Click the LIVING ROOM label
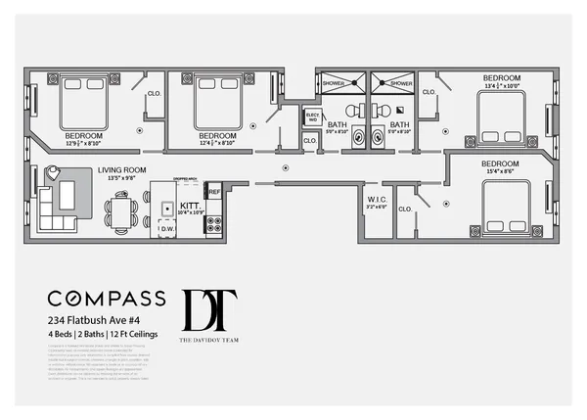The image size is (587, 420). pos(121,169)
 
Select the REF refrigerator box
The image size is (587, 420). pos(214,193)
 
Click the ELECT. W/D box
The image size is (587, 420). pos(313,117)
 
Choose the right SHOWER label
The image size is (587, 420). pos(401,83)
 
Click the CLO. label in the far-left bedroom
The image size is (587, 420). pos(154,93)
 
